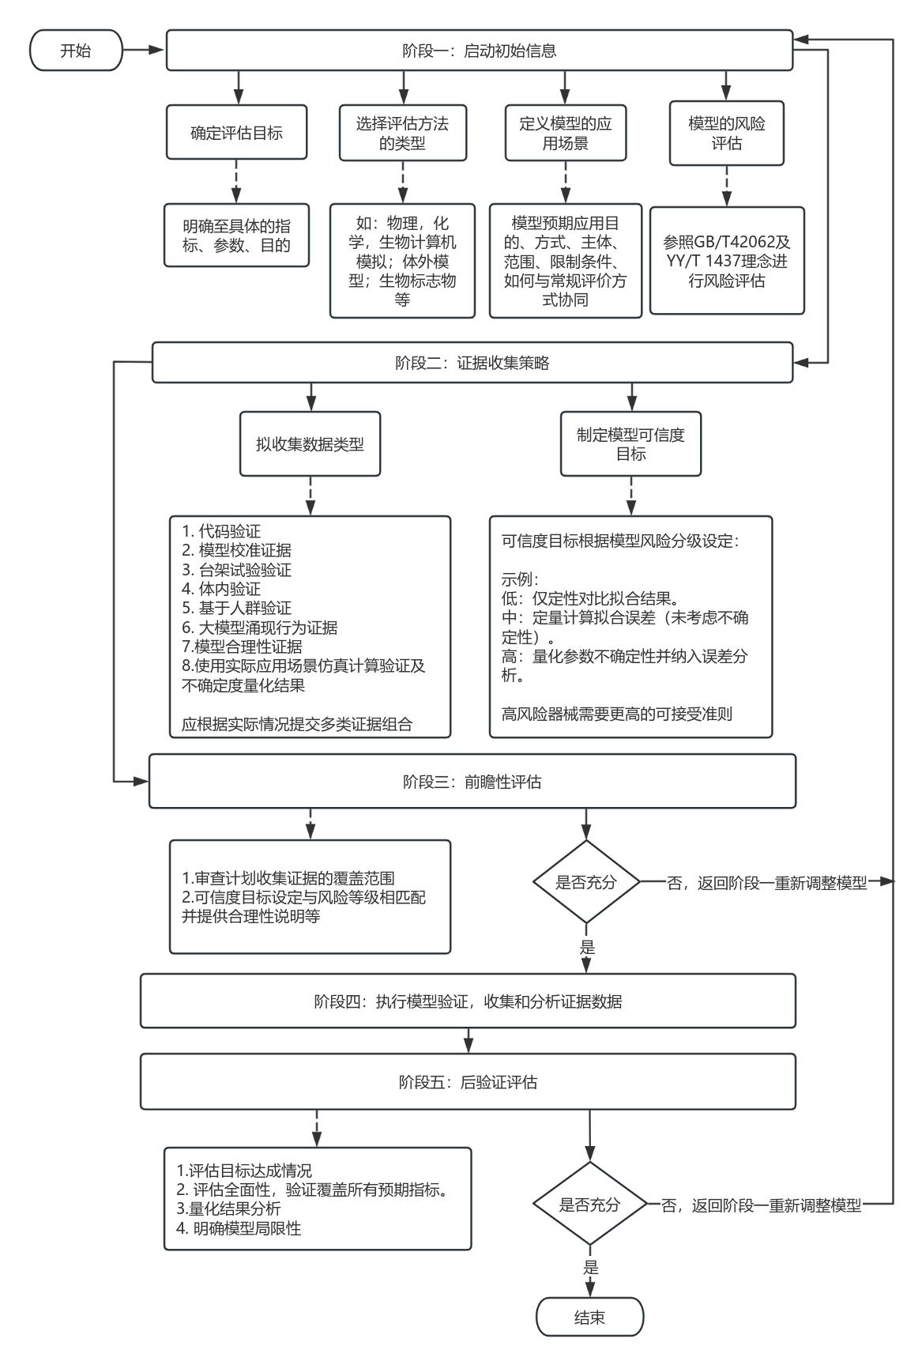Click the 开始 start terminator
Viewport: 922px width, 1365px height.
tap(76, 51)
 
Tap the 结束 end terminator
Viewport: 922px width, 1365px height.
tap(589, 1318)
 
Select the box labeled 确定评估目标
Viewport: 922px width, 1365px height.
tap(236, 133)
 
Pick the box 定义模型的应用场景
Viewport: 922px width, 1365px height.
tap(565, 133)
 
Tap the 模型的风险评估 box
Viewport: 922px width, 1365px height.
tap(726, 133)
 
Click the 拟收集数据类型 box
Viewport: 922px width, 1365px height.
tap(310, 443)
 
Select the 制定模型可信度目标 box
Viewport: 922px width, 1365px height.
tap(630, 443)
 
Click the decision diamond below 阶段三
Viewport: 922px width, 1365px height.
tap(585, 883)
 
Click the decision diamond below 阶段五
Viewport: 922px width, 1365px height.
tap(589, 1205)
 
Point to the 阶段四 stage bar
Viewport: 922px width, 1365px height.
tap(468, 1001)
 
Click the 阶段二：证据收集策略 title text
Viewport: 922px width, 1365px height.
tap(472, 363)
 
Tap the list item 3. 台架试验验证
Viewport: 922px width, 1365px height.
tap(231, 570)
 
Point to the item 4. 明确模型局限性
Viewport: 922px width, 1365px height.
tap(239, 1228)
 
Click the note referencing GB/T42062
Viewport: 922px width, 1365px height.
tap(726, 261)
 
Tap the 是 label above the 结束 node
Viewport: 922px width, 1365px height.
tap(590, 1268)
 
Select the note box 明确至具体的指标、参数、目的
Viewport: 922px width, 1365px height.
tap(236, 236)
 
